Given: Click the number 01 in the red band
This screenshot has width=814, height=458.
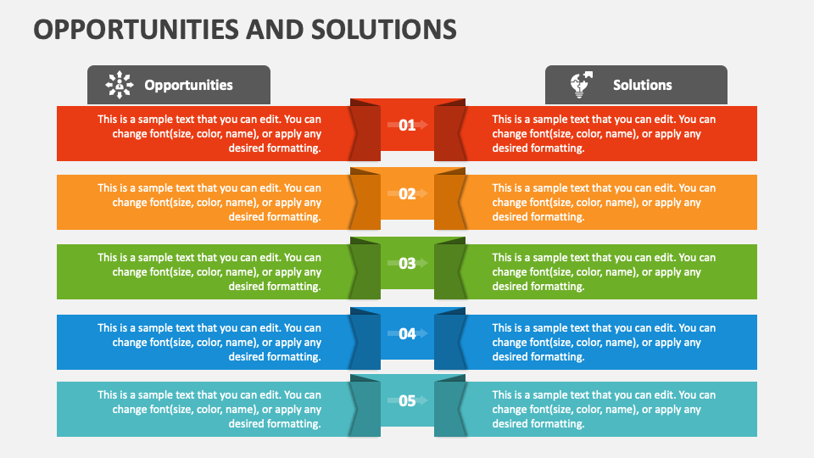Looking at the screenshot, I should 407,125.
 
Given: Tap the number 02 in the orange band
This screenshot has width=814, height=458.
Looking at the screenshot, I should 407,193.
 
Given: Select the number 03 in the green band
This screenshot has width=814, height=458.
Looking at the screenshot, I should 407,263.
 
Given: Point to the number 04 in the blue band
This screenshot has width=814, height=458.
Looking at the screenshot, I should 407,333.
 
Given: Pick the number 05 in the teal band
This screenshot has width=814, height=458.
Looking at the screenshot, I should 407,400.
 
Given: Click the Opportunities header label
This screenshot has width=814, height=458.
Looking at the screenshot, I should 188,85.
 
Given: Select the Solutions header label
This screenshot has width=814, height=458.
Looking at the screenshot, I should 642,85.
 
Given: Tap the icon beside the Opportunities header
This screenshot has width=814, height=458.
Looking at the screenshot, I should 120,85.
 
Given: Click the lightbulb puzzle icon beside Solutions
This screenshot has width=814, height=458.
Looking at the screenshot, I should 580,85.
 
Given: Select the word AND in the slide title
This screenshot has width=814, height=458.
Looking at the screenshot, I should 264,30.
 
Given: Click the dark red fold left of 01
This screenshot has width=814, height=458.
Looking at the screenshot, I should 365,131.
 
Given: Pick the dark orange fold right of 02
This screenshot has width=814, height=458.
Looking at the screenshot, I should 450,200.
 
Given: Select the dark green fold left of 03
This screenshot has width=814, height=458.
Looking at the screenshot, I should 365,270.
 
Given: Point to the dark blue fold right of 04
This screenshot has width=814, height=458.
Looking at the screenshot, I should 450,340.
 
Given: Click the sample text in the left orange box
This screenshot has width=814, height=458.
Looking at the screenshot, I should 209,202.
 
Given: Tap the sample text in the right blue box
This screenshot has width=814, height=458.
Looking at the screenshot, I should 604,342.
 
